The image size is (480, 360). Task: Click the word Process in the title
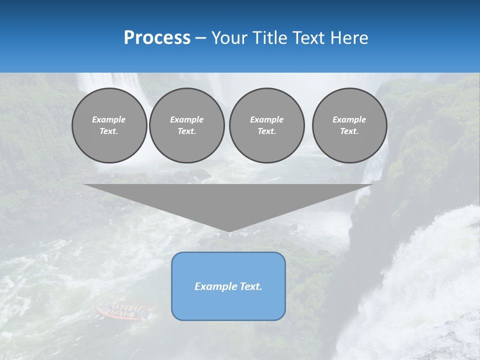[x=157, y=38]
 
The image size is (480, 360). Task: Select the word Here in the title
[x=349, y=38]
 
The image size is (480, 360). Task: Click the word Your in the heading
[x=229, y=38]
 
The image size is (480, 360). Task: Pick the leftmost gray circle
[x=109, y=125]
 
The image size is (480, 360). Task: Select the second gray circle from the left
[x=186, y=125]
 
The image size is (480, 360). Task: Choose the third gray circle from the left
[x=266, y=125]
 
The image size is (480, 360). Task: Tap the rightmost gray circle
[x=349, y=125]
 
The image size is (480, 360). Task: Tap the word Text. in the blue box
[x=250, y=286]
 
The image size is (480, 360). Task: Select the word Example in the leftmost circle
[x=109, y=119]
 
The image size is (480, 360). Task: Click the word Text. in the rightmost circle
[x=349, y=131]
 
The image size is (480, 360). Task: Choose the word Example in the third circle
[x=266, y=119]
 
